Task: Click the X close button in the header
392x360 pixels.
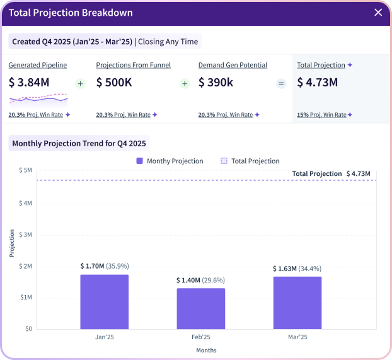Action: tap(378, 13)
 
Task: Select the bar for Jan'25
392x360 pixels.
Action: tap(104, 301)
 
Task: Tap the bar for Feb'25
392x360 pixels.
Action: tap(200, 308)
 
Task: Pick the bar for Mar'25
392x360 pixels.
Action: tap(297, 303)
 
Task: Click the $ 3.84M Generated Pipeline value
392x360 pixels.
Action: tap(30, 83)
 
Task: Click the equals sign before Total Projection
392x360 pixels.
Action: tap(281, 83)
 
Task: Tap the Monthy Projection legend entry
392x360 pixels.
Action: tap(170, 161)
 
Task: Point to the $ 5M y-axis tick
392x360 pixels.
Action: tap(25, 170)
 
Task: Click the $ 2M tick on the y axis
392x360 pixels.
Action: tap(25, 266)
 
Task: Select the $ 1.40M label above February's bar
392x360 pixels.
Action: tap(188, 280)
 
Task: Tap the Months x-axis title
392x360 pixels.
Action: tap(206, 350)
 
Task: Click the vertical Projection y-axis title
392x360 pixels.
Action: tap(12, 243)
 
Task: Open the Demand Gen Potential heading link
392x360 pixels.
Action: tap(233, 65)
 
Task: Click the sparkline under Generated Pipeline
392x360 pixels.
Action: tap(38, 98)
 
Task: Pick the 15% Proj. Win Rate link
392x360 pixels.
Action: tap(321, 115)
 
